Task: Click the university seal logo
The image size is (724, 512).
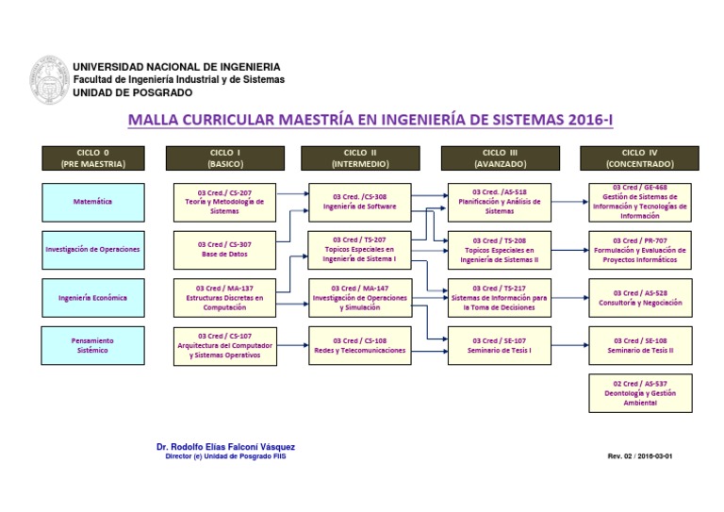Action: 49,80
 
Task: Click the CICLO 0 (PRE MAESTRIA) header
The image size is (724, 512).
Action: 93,157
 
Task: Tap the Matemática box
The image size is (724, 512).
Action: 93,201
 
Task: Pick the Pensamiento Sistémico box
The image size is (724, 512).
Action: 93,345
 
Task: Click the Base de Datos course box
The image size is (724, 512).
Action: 224,249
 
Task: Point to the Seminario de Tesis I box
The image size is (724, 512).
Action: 500,345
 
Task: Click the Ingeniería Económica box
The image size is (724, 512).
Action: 93,298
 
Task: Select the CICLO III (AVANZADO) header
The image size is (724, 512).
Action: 500,157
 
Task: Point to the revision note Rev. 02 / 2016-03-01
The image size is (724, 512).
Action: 640,455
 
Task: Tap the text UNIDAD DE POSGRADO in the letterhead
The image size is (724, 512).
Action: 132,92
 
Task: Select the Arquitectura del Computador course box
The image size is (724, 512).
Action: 224,345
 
